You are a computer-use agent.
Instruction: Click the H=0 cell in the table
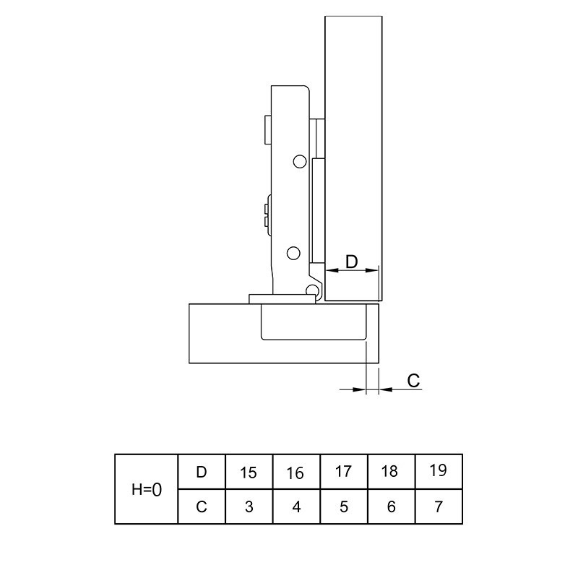147,489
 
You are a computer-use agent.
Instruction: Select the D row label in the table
202,472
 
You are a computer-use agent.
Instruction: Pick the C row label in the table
202,506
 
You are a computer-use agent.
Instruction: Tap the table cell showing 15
249,472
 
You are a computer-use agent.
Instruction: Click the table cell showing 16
296,472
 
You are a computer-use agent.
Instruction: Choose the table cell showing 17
344,472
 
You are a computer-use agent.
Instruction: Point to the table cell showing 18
391,472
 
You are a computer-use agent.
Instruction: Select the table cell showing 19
439,472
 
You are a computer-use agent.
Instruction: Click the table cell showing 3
249,506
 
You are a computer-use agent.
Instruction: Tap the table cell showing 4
296,506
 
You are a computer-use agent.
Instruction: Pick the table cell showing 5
344,506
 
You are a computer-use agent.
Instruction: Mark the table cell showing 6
391,506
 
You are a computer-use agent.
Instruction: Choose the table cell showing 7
439,506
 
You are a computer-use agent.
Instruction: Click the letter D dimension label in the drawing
352,262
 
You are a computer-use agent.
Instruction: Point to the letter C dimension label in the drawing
413,381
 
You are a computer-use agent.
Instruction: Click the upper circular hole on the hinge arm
300,161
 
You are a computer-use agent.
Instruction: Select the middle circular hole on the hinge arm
293,253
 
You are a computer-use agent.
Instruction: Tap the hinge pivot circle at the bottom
312,290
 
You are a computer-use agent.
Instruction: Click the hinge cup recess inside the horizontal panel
314,322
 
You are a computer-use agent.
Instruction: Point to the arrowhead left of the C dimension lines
359,389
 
